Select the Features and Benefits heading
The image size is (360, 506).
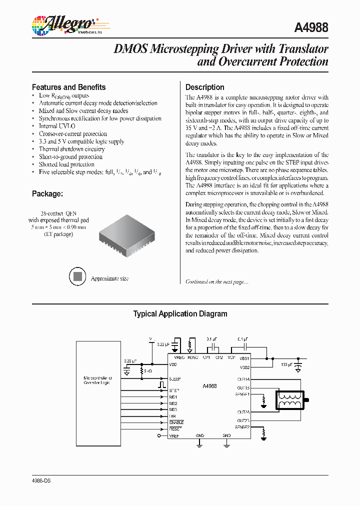(x=68, y=87)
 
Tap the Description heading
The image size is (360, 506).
(x=204, y=87)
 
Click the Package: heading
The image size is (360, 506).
(x=47, y=193)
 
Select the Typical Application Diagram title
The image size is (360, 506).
(x=180, y=314)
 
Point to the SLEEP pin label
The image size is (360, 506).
(x=174, y=378)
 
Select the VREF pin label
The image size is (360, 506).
(x=173, y=435)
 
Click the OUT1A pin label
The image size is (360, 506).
(x=243, y=379)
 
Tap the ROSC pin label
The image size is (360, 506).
(x=192, y=358)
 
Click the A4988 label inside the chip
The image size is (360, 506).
(x=209, y=386)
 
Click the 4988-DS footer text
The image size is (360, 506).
(x=41, y=480)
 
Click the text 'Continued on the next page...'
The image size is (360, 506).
(x=216, y=282)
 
